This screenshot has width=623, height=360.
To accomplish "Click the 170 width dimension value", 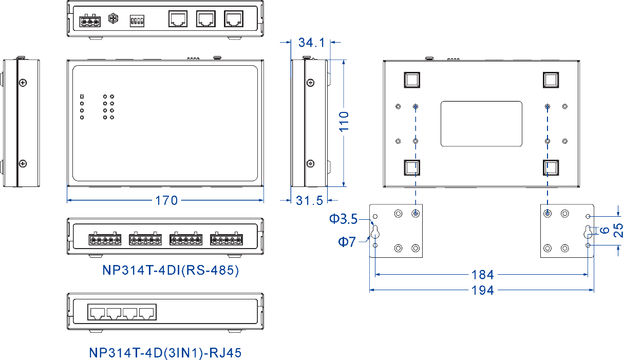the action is coord(166,200).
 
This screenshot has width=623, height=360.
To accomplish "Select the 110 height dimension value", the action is coord(344,122).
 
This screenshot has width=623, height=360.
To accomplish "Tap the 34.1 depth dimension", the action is coord(311,43).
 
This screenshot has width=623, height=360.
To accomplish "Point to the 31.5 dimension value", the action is coord(309,200).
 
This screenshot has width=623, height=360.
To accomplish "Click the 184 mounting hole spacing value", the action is coord(483,275).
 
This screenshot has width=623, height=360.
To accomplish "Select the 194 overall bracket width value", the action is coord(483,290).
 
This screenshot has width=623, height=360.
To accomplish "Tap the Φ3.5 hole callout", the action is coord(343,219).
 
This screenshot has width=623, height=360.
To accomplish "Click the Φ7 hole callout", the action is coord(347,241).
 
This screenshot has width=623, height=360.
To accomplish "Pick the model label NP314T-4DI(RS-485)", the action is coord(171,270).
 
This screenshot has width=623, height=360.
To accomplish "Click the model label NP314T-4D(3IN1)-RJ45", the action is coord(165,353).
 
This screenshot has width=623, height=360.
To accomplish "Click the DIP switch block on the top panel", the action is coord(137,21).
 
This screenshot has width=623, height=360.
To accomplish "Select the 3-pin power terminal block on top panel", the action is coord(90,21).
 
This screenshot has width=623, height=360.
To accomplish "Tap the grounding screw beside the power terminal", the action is coord(113,18).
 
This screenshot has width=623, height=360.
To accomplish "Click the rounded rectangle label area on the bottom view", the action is coord(481,124).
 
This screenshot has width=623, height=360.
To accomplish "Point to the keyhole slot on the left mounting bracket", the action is coord(375,232).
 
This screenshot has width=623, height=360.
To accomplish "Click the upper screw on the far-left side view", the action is coord(23,83).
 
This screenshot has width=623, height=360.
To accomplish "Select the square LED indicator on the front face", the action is coord(82,97).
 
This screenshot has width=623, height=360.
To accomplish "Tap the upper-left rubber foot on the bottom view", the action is coord(412,80).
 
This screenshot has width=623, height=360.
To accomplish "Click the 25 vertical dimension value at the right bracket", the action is coord(618,230).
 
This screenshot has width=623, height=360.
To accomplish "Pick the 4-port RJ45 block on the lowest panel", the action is coord(122,312).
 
